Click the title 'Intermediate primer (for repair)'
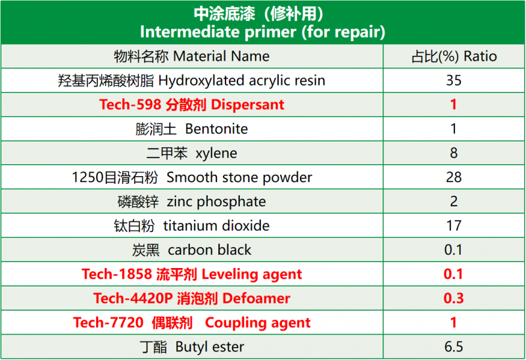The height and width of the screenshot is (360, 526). coord(262,32)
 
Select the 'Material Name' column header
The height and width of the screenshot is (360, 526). coord(191,56)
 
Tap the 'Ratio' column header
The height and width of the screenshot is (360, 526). coord(454,56)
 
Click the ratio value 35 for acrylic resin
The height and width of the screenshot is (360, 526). coord(454,80)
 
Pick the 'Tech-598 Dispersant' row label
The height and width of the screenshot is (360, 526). coord(191,104)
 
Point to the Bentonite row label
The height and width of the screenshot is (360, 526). coord(191,129)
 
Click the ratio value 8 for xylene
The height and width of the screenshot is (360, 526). coord(454,153)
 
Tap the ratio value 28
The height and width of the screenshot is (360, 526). coord(454,177)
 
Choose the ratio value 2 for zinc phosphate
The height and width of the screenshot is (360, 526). coord(454,202)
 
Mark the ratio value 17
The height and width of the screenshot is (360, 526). coord(454,225)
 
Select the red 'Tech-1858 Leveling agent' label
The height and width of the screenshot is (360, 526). coord(191,274)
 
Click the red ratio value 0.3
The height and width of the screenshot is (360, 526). coord(454,298)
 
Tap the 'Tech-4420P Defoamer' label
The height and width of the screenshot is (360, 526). coord(191,298)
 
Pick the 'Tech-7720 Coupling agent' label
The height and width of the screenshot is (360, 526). coord(191,323)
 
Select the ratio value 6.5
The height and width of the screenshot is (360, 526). coord(454,347)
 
